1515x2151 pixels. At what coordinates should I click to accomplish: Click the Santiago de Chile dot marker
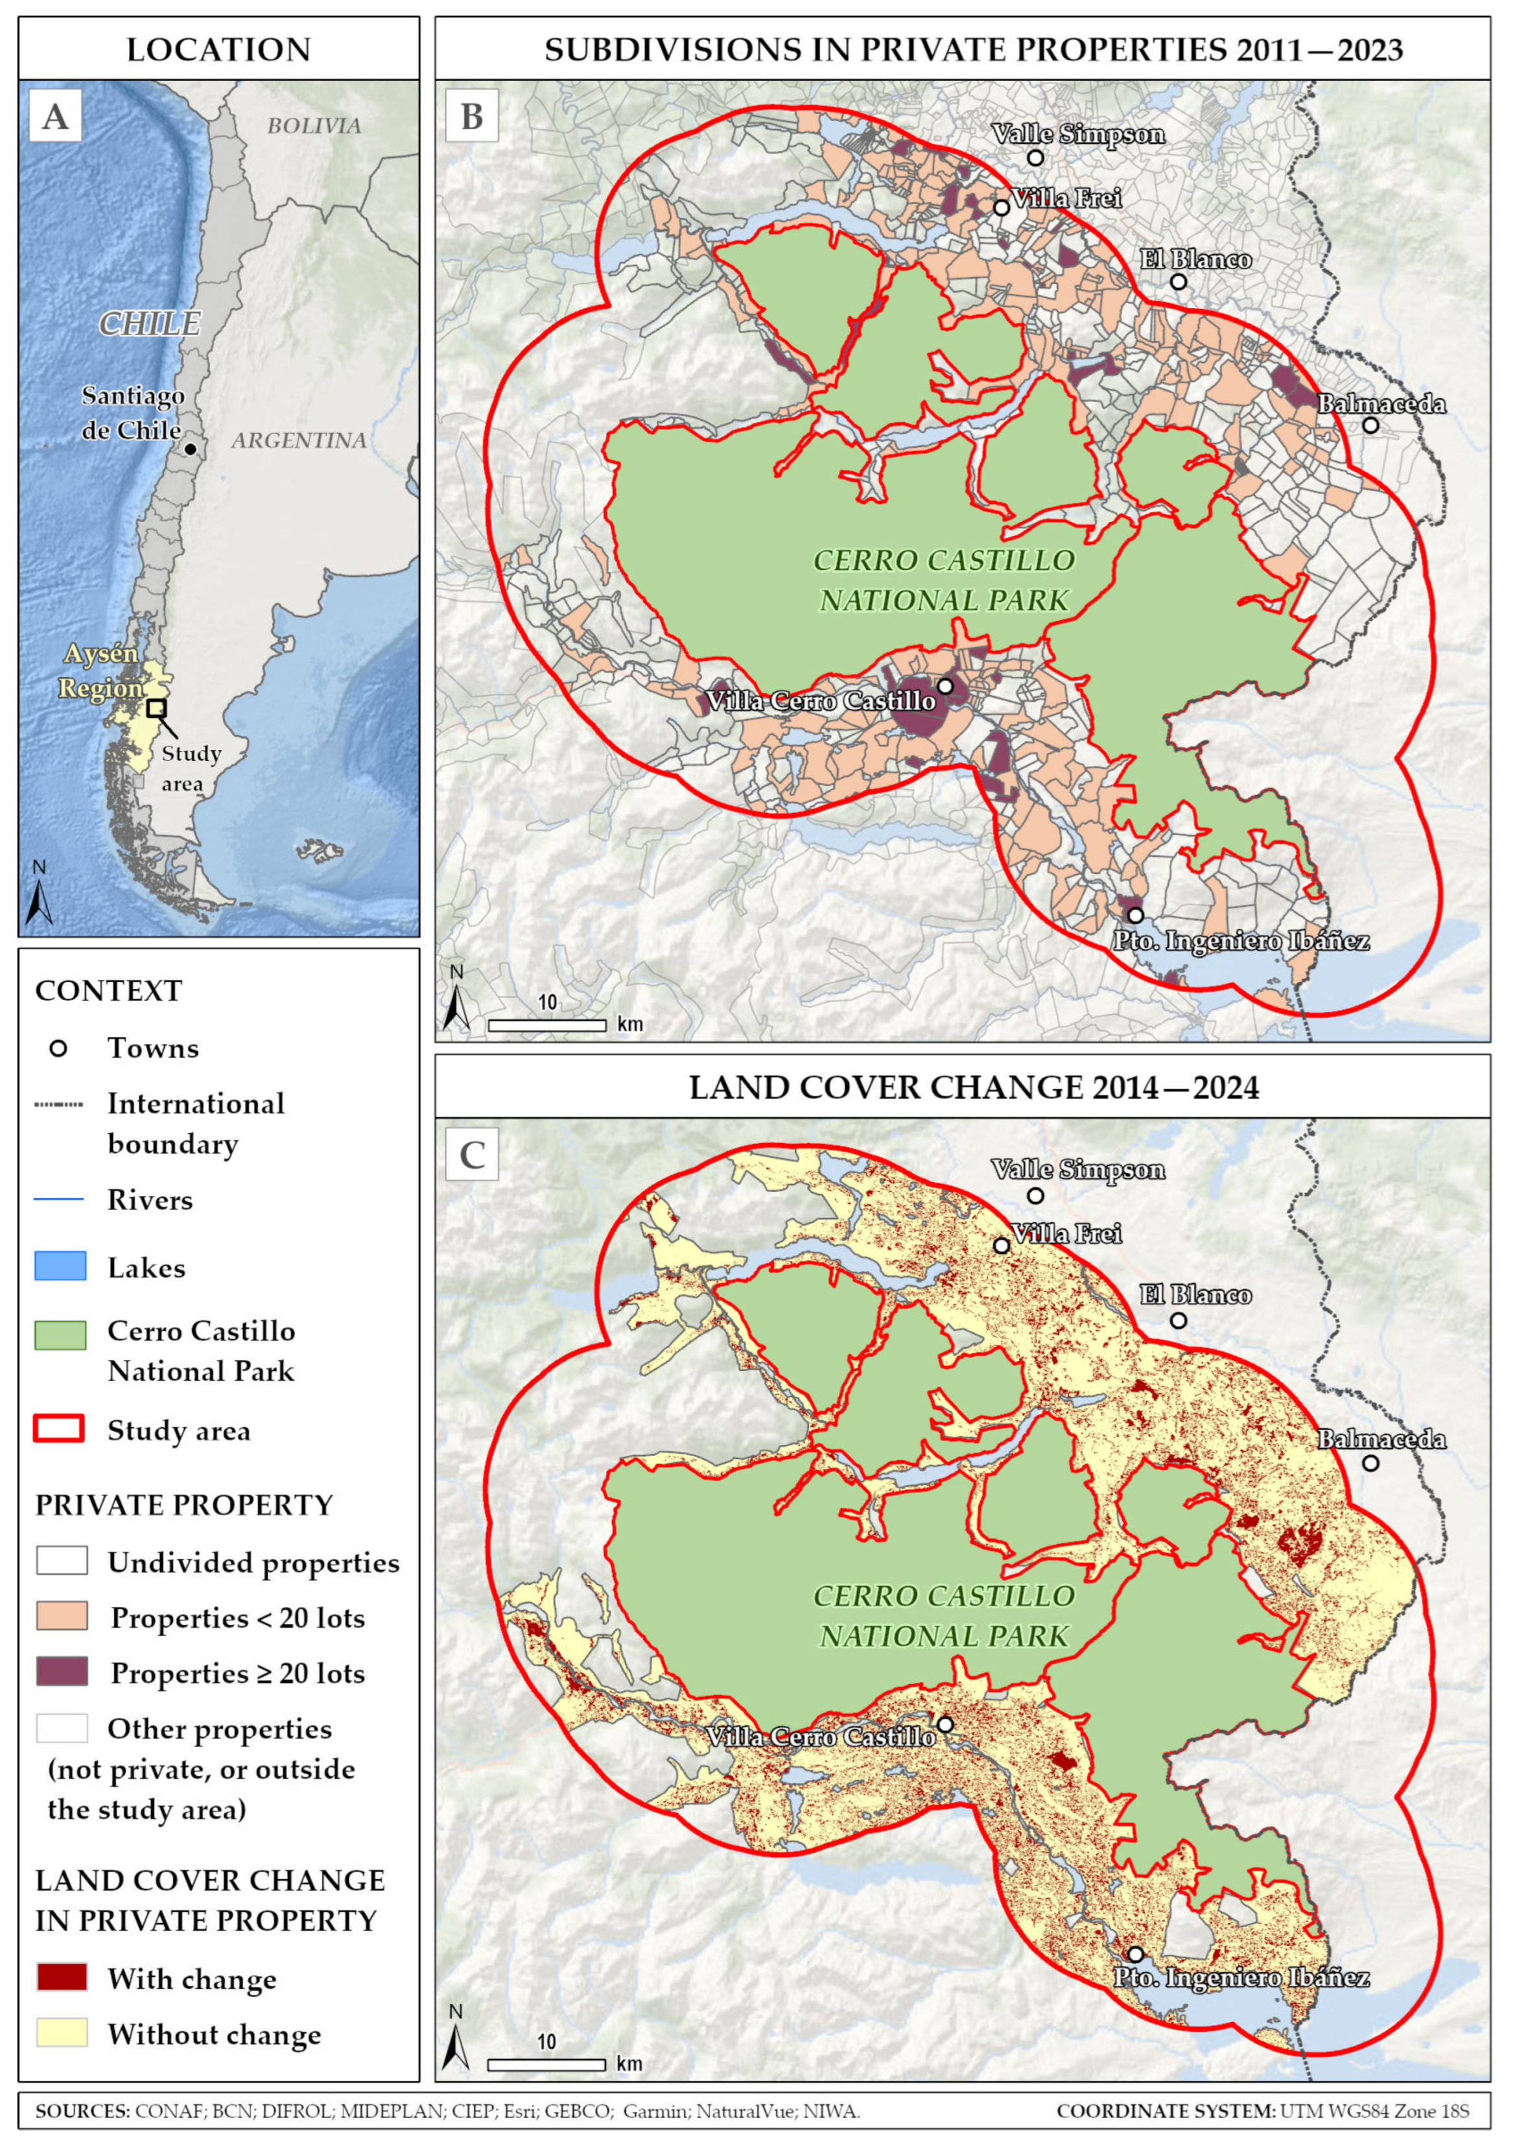click(x=190, y=449)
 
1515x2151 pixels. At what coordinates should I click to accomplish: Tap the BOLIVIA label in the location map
click(x=314, y=126)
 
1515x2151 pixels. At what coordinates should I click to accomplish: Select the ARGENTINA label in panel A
click(x=299, y=440)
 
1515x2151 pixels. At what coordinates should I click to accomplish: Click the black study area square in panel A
click(x=156, y=708)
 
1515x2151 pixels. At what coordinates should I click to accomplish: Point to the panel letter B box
click(x=472, y=116)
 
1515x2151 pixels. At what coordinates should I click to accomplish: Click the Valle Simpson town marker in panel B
click(x=1035, y=158)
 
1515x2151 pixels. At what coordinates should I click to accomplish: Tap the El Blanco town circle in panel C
click(x=1179, y=1320)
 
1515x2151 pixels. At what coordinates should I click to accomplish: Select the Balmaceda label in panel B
click(x=1381, y=404)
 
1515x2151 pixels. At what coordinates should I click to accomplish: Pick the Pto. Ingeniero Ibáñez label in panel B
click(x=1241, y=940)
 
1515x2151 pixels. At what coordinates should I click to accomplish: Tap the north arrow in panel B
click(x=455, y=1003)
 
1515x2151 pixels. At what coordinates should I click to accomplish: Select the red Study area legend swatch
click(x=60, y=1430)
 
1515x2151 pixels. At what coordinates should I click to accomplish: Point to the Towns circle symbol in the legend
click(x=58, y=1049)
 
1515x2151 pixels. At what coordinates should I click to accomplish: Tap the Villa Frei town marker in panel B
click(x=1001, y=207)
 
